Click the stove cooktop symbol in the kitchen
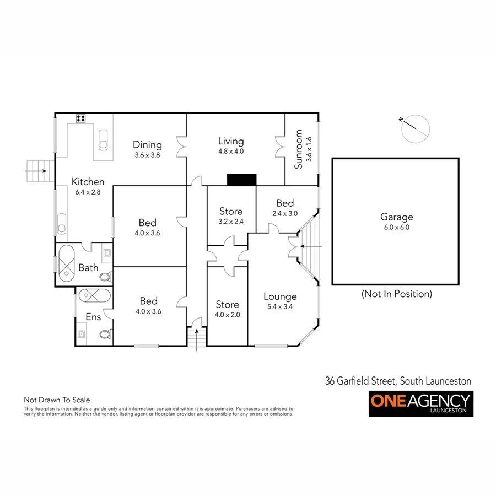coord(80,117)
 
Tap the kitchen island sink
coord(103,141)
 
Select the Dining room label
coord(147,145)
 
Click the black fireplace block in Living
coord(242,180)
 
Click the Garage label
coord(396,217)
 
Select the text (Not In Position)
coord(396,294)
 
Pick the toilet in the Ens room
coord(107,333)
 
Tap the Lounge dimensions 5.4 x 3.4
coord(280,307)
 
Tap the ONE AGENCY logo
coord(420,403)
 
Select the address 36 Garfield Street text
coord(397,380)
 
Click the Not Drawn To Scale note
coord(56,400)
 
